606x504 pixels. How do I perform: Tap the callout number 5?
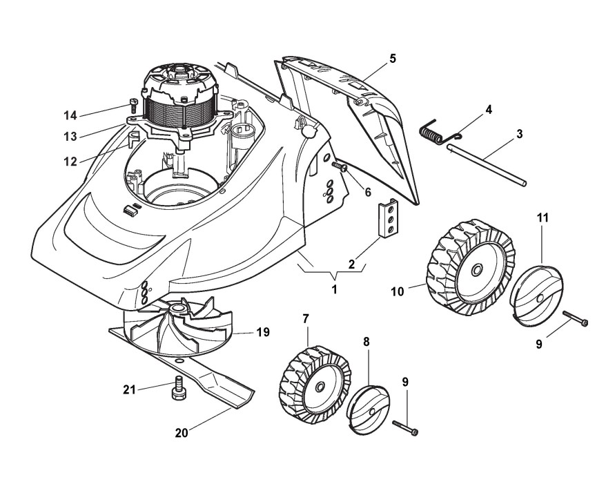(393, 59)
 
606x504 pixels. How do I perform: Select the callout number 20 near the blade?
(182, 433)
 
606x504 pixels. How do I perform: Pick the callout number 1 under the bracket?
(334, 289)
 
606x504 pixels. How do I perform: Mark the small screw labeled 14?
(133, 106)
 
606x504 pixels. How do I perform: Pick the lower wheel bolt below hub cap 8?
(407, 427)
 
